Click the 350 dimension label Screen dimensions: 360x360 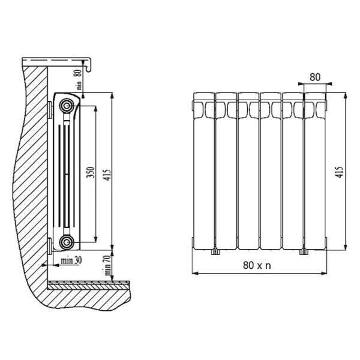pyautogui.click(x=91, y=172)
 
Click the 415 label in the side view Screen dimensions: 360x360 pyautogui.click(x=107, y=175)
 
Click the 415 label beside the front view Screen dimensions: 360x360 pyautogui.click(x=340, y=172)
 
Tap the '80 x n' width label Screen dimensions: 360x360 pyautogui.click(x=257, y=265)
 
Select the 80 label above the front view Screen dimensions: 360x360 pyautogui.click(x=315, y=77)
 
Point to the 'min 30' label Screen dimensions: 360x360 pyautogui.click(x=71, y=260)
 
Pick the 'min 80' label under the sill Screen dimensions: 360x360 pyautogui.click(x=79, y=79)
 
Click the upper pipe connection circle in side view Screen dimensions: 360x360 pyautogui.click(x=67, y=106)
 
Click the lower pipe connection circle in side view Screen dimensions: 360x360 pyautogui.click(x=67, y=242)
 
